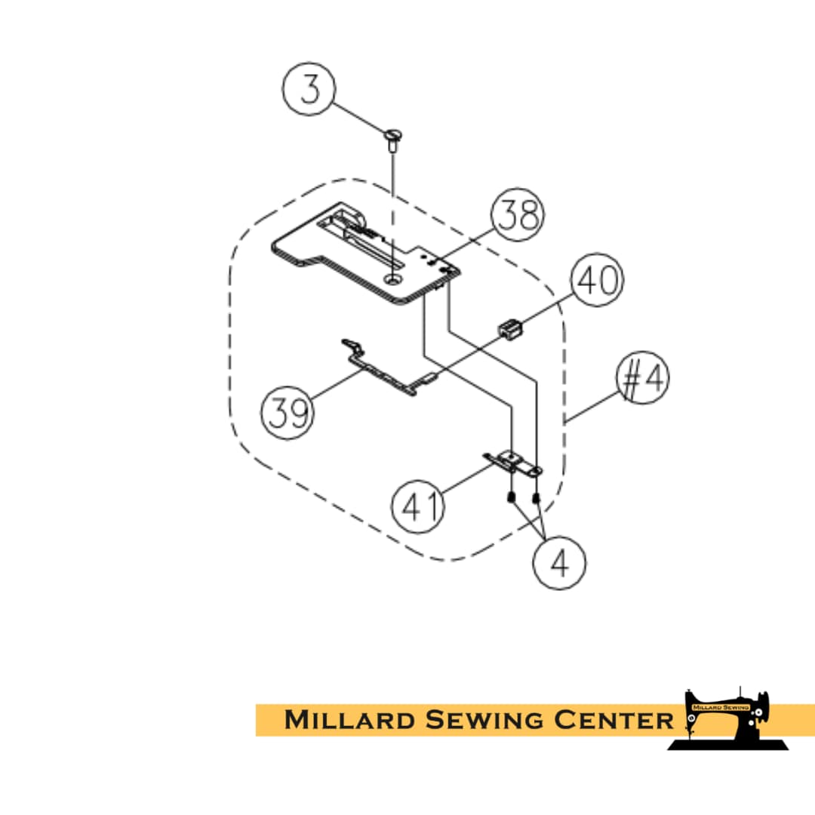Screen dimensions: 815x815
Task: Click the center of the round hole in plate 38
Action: (393, 280)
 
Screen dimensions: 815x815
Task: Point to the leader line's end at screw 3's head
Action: (389, 133)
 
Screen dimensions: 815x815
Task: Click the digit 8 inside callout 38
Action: (529, 214)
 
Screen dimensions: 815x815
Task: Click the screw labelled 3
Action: (393, 140)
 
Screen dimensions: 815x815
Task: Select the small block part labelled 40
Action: (510, 331)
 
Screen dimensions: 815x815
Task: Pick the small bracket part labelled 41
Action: (513, 463)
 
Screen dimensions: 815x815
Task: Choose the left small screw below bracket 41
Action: (512, 497)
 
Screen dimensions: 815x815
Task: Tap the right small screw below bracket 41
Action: (537, 498)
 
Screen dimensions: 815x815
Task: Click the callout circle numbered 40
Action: (597, 280)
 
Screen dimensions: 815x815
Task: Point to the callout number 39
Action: (288, 413)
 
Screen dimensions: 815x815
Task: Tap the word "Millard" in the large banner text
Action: (349, 721)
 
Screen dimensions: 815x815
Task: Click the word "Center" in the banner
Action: (614, 721)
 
